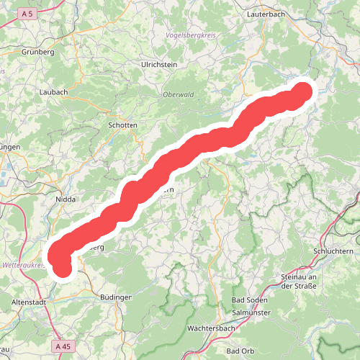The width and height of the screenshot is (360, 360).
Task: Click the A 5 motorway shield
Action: (28, 14)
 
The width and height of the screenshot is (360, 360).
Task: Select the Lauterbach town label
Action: (268, 14)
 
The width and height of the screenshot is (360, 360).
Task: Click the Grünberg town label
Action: (39, 52)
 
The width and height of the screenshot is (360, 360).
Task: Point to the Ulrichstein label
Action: (159, 64)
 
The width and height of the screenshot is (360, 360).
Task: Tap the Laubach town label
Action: (53, 92)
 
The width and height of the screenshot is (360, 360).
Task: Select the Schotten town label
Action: (122, 125)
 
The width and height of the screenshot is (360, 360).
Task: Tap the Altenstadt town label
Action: (30, 302)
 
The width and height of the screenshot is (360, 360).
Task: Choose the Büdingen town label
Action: (115, 297)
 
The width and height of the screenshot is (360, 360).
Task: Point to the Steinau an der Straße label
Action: (299, 282)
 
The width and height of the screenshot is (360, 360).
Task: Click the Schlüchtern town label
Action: (333, 251)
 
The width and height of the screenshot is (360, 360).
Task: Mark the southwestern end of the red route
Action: (63, 269)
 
